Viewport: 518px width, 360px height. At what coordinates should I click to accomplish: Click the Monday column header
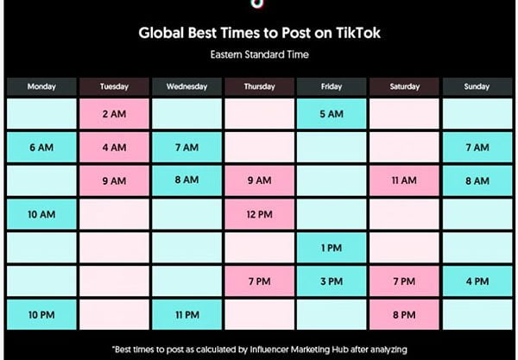point(41,86)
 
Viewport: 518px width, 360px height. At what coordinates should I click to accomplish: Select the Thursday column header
point(259,86)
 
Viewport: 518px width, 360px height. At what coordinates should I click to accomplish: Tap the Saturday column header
point(404,86)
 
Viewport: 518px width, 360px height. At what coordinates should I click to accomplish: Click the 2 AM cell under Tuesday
point(114,114)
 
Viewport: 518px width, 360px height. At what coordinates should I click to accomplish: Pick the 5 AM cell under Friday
point(332,114)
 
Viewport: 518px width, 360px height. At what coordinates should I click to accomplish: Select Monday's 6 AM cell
point(41,148)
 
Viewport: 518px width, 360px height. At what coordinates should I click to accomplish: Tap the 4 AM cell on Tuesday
point(114,148)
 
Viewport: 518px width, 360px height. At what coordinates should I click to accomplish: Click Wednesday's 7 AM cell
point(187,148)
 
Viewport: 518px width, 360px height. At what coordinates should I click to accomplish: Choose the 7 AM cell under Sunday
point(477,148)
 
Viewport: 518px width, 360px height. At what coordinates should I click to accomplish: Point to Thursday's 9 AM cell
point(259,180)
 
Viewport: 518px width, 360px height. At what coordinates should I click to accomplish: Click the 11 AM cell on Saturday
point(404,180)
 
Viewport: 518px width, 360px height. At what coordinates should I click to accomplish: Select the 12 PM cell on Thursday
point(259,214)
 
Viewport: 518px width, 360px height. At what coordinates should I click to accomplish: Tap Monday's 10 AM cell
point(41,214)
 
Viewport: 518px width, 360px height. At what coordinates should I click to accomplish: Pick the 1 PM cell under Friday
point(332,248)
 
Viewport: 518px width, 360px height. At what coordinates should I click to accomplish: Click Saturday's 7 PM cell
point(404,281)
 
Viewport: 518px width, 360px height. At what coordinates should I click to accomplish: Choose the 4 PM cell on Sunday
point(477,281)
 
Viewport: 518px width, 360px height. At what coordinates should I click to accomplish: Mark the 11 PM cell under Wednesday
point(187,315)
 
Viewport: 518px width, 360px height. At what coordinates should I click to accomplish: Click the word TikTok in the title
point(358,33)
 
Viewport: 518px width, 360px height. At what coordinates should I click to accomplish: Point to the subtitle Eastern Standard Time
point(260,54)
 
